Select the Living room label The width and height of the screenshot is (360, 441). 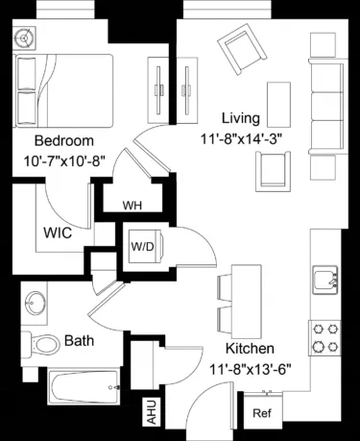241,118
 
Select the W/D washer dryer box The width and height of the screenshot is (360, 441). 142,246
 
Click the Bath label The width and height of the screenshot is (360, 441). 79,340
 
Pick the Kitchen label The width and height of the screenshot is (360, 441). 251,348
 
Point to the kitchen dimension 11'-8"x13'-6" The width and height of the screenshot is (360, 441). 251,366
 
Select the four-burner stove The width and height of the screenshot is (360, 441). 324,336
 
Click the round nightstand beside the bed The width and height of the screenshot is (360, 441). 24,38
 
